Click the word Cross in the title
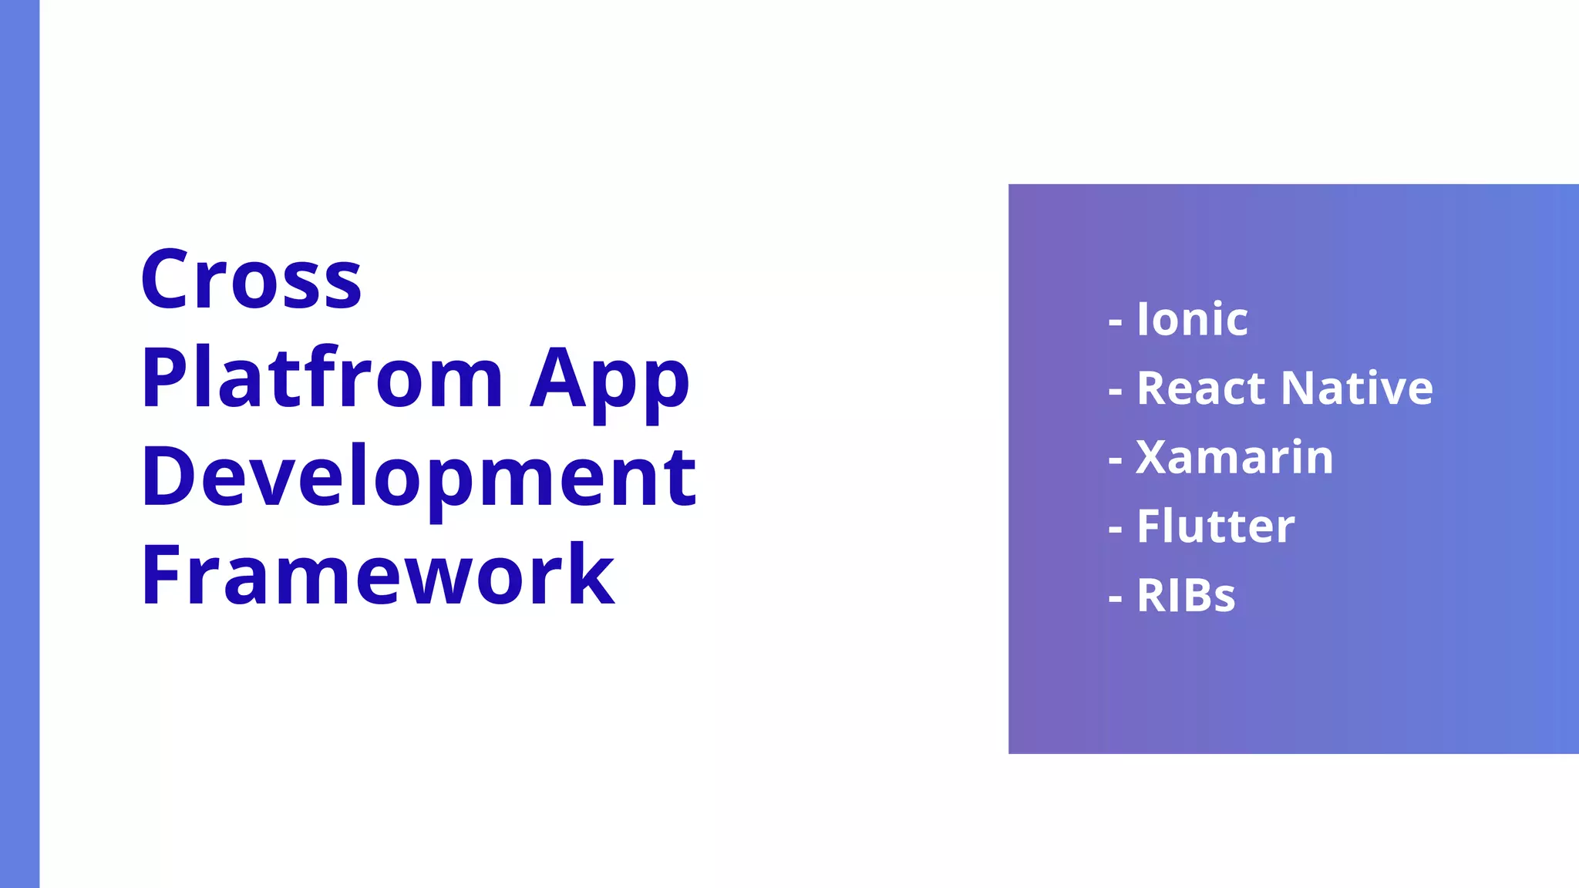(251, 279)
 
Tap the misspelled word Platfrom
(322, 378)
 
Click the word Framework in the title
(378, 575)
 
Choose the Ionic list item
(1192, 319)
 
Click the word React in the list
(1204, 388)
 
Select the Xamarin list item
(1234, 457)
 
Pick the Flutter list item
(1216, 526)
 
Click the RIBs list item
(1186, 596)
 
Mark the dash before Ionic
(1115, 322)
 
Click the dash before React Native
(1115, 392)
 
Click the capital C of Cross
(166, 279)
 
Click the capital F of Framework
(160, 575)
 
